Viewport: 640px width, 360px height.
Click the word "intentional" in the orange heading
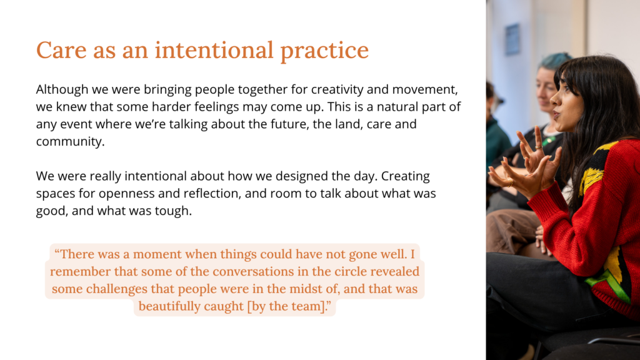point(214,50)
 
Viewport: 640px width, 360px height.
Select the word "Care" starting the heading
point(61,50)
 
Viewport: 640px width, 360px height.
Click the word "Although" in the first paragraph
point(62,90)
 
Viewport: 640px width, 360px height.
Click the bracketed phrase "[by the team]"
point(287,306)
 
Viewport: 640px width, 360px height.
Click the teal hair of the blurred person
point(555,61)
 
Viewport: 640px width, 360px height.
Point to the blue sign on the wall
point(512,39)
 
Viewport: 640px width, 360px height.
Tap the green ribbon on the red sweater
point(609,284)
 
